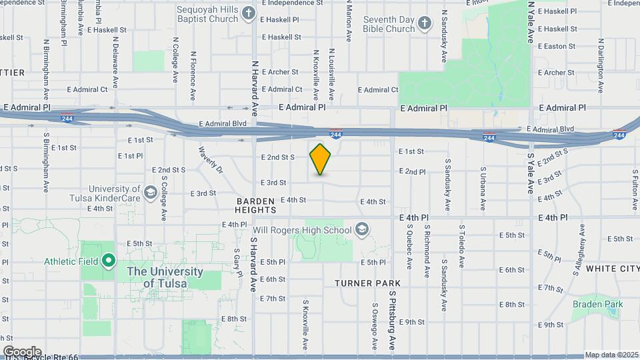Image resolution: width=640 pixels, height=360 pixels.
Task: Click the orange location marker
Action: click(x=320, y=159)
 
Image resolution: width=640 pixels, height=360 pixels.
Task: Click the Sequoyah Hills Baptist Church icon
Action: click(x=249, y=13)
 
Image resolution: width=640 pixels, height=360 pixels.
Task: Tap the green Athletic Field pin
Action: click(x=108, y=261)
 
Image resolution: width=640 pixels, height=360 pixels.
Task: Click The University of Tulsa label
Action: click(x=165, y=277)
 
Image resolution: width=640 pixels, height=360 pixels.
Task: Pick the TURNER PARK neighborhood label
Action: click(x=367, y=283)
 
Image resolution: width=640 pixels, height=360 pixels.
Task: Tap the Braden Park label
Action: click(x=597, y=304)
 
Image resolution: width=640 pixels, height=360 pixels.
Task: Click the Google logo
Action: click(x=22, y=352)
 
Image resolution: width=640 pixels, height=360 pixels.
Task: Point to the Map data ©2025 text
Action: click(x=611, y=355)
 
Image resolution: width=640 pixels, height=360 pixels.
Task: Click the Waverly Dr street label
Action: click(x=209, y=160)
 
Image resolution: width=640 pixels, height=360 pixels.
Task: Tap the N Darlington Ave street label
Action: click(x=601, y=65)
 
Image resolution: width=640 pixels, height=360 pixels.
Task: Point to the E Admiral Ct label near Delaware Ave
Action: click(x=85, y=89)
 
